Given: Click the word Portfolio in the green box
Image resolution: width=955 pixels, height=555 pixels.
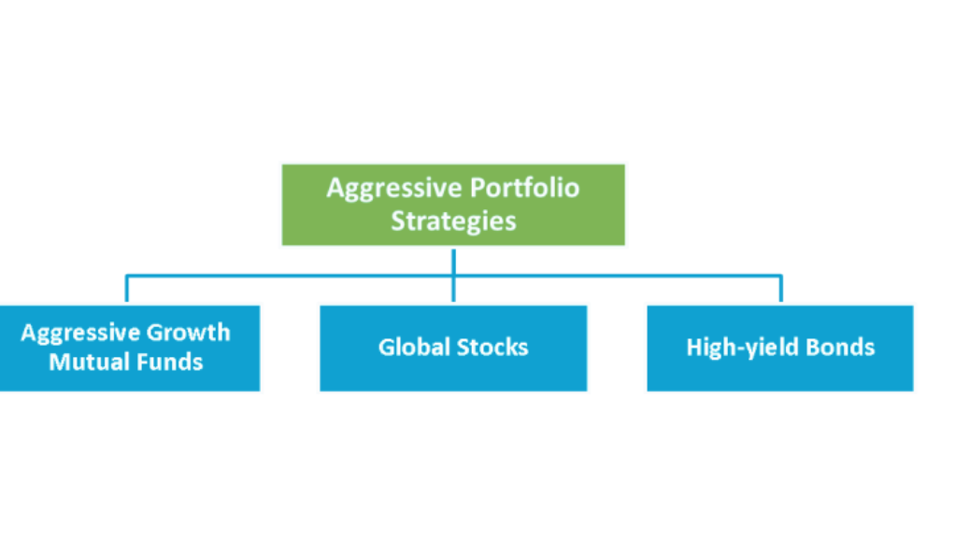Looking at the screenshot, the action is coord(524,188).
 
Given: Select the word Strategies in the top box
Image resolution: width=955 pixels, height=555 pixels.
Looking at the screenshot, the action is coord(453,221).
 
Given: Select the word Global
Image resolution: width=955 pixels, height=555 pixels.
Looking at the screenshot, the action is coord(414,348).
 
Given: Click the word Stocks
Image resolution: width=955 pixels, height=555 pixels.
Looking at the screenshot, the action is coord(492,348).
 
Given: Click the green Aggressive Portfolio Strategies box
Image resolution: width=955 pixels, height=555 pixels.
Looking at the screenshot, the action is coord(453,205).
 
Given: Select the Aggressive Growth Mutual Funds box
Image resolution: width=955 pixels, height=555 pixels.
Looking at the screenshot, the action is coord(130,348).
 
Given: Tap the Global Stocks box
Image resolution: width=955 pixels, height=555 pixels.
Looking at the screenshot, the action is coord(453,348).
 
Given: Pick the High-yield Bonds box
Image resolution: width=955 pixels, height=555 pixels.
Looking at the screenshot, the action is coord(780,348).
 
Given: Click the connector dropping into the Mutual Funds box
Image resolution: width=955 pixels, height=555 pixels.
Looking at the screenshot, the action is coord(127,288).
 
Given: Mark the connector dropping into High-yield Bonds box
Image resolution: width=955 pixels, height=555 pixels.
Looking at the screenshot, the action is coord(781,288).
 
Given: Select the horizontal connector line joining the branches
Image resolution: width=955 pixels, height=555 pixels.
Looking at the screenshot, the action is coord(454,276).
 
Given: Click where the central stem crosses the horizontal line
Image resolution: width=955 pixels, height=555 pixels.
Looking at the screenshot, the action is coord(454,276).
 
